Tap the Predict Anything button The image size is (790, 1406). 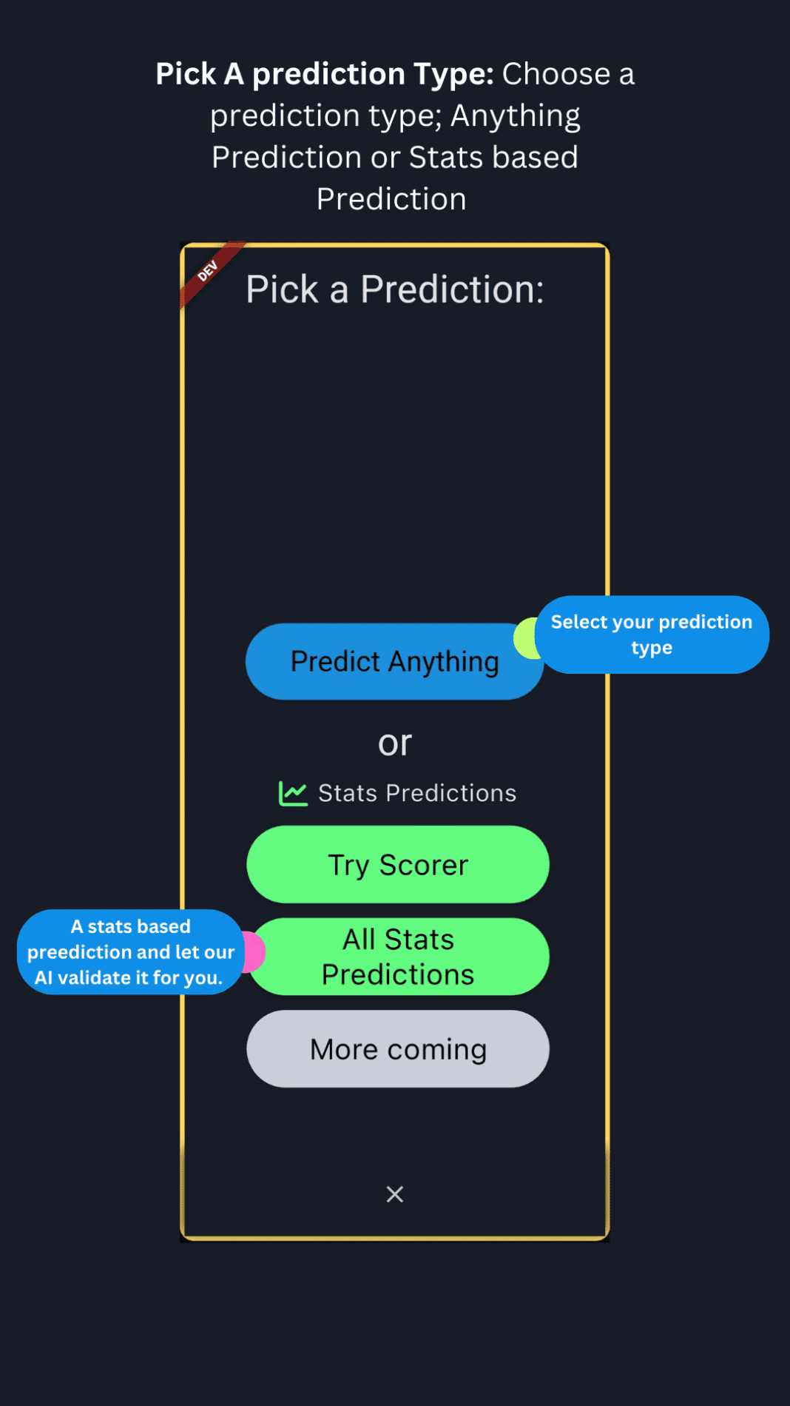click(394, 662)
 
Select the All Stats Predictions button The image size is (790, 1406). click(398, 957)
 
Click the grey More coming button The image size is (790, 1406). click(398, 1049)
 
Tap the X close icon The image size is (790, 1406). click(395, 1194)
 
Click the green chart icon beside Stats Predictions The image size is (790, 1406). click(293, 793)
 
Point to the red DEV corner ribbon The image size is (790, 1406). click(209, 272)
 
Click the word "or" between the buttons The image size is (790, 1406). click(395, 743)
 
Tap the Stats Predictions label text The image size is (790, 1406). click(417, 793)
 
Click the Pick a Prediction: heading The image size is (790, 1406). click(395, 289)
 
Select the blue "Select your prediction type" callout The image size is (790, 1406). click(652, 635)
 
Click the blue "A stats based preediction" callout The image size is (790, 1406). click(131, 951)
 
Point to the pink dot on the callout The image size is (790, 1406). click(254, 952)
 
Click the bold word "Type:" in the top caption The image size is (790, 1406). click(453, 74)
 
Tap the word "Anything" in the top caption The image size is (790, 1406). click(516, 116)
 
